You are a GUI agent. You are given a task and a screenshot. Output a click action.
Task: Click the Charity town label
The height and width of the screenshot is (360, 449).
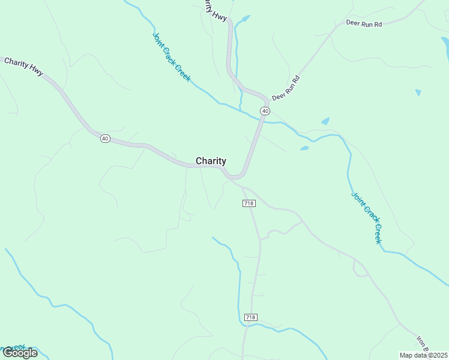211,161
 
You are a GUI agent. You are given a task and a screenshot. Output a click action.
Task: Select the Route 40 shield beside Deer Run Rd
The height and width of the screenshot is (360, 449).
265,111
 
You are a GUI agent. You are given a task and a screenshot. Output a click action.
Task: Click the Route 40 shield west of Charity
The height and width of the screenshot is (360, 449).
105,139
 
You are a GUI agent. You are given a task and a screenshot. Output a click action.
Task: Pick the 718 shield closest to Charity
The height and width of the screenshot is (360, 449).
250,203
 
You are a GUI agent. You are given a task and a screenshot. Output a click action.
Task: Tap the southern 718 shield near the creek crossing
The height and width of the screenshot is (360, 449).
251,317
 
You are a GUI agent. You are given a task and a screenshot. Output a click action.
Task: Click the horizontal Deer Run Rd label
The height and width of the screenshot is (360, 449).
364,23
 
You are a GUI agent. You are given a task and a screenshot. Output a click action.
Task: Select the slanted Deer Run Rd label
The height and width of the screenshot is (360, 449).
286,88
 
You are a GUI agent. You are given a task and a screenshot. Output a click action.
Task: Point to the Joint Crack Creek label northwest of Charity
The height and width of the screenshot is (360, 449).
171,56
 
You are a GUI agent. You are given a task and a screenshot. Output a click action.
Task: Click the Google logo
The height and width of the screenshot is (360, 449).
20,352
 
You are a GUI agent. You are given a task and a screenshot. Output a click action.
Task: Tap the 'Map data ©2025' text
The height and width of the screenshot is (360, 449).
423,355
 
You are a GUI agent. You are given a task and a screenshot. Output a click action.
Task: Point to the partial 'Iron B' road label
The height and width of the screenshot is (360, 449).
424,344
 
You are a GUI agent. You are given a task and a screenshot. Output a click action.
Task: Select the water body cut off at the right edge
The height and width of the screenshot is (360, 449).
445,48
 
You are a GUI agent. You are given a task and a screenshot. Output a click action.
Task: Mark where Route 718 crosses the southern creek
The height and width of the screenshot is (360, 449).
246,326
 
